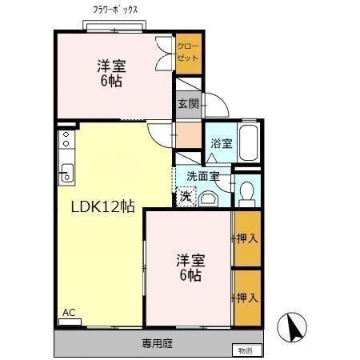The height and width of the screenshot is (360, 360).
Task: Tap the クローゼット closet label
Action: tap(189, 52)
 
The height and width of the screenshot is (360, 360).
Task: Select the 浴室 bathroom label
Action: tap(221, 144)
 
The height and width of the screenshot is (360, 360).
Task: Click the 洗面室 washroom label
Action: tap(202, 175)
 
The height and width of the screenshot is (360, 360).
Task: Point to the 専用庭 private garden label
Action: tap(157, 344)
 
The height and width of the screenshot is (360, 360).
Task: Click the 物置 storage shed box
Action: tap(244, 350)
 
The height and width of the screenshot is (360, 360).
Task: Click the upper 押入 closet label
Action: tap(247, 238)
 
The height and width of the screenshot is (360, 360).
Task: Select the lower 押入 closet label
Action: tap(247, 297)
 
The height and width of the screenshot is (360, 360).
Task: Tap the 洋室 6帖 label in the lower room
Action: tap(190, 267)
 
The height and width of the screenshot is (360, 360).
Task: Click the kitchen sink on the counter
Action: tap(66, 170)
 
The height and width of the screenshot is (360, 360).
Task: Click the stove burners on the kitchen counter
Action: tap(66, 140)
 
